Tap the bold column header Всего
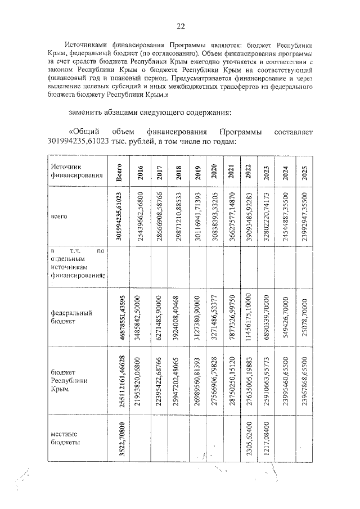[x=119, y=172]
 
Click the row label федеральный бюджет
[x=71, y=317]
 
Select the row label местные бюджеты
[x=65, y=438]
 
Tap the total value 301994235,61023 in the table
[x=119, y=216]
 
